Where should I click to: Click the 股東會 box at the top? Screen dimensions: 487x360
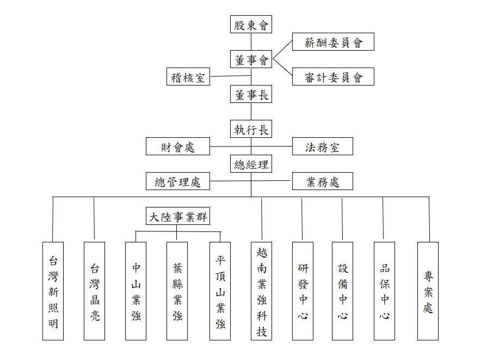coord(251,25)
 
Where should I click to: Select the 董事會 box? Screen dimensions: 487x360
coord(251,59)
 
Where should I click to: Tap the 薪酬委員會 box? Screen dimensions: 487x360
coord(333,41)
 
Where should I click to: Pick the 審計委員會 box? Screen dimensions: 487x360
coord(333,76)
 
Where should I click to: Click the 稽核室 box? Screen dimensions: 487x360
coord(188,76)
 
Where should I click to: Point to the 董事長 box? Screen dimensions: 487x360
coord(251,94)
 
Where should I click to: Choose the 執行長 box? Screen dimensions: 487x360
coord(251,129)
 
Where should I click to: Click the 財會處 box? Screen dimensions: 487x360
coord(178,146)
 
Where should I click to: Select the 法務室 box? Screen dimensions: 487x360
coord(322,146)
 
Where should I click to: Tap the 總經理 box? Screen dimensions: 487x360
coord(251,163)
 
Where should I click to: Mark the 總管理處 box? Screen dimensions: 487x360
coord(178,181)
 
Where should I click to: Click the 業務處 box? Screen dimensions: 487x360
coord(322,181)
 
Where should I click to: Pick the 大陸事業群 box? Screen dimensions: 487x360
coord(178,216)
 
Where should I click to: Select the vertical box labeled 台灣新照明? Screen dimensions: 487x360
coord(53,291)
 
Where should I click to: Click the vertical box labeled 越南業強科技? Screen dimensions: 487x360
coord(262,291)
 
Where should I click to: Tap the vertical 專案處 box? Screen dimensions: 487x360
coord(428,291)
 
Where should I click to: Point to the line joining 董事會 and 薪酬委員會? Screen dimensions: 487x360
coord(282,50)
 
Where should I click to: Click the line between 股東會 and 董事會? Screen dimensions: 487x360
coord(251,41)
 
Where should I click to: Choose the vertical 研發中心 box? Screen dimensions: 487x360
coord(303,291)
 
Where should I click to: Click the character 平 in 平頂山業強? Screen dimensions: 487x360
coord(220,260)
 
